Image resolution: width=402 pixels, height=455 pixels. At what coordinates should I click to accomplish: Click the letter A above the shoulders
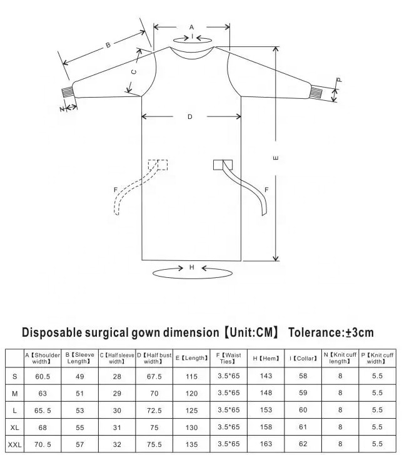pyautogui.click(x=191, y=28)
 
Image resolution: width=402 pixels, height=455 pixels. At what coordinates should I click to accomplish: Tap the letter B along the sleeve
pyautogui.click(x=108, y=45)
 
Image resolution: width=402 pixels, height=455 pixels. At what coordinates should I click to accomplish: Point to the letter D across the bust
pyautogui.click(x=190, y=116)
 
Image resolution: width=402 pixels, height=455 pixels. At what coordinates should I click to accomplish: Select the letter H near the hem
pyautogui.click(x=191, y=267)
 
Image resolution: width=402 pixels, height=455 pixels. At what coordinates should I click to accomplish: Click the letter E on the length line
pyautogui.click(x=276, y=158)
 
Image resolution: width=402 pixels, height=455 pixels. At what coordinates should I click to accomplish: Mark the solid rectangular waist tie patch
pyautogui.click(x=223, y=165)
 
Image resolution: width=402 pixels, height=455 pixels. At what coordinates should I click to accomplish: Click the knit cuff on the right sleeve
pyautogui.click(x=316, y=92)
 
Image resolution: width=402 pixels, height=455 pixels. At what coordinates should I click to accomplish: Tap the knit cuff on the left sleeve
pyautogui.click(x=67, y=91)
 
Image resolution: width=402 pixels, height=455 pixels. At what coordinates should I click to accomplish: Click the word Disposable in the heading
pyautogui.click(x=52, y=332)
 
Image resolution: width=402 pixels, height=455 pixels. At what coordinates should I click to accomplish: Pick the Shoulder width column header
pyautogui.click(x=43, y=358)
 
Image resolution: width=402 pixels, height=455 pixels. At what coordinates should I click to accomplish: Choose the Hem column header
pyautogui.click(x=266, y=359)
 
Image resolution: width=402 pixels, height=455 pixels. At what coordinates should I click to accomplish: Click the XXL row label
pyautogui.click(x=15, y=444)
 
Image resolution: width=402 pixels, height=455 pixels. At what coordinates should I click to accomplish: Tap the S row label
pyautogui.click(x=15, y=376)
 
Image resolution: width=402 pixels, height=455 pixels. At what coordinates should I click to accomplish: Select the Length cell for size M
pyautogui.click(x=191, y=393)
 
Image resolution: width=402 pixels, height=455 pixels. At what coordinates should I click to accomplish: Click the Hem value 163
pyautogui.click(x=266, y=444)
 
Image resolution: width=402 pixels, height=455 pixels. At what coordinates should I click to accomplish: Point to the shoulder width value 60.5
pyautogui.click(x=43, y=376)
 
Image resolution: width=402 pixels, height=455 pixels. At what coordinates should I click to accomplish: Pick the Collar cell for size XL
pyautogui.click(x=303, y=427)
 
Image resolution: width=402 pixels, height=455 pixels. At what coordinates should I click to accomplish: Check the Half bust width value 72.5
pyautogui.click(x=154, y=411)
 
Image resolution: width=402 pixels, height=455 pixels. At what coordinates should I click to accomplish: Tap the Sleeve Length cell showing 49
pyautogui.click(x=79, y=376)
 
